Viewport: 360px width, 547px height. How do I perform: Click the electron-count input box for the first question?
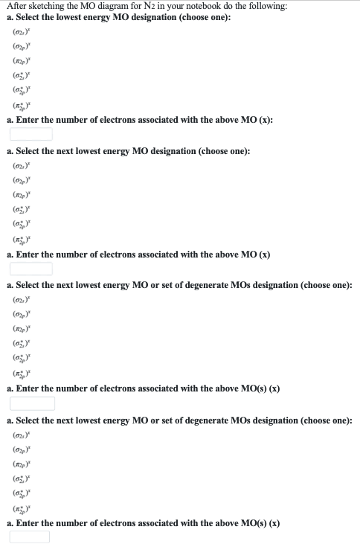pyautogui.click(x=31, y=134)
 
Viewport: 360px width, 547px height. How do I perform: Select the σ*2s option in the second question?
pyautogui.click(x=21, y=209)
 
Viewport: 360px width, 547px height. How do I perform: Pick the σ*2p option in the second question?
pyautogui.click(x=21, y=224)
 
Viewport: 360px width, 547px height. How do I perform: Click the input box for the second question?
pyautogui.click(x=31, y=268)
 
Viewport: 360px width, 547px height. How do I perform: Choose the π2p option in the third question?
pyautogui.click(x=21, y=328)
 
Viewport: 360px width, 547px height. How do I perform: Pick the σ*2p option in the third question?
pyautogui.click(x=21, y=358)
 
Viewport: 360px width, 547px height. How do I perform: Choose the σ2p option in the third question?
pyautogui.click(x=21, y=313)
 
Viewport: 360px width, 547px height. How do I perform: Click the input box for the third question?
pyautogui.click(x=32, y=403)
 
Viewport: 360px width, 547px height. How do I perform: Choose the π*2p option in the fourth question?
pyautogui.click(x=21, y=508)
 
